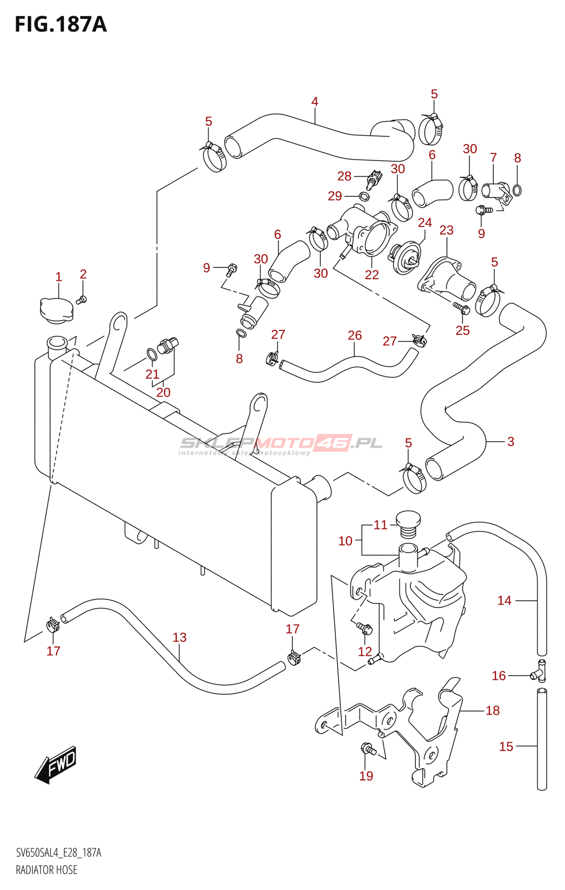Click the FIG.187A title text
(60, 24)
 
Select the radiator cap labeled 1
(56, 310)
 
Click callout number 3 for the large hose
(511, 442)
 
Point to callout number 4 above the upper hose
(315, 102)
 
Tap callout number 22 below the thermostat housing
(371, 274)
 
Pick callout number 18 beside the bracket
(493, 710)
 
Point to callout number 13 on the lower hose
(179, 637)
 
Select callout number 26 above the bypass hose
(355, 335)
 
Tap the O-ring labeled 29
(364, 196)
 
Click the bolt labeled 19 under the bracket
(368, 749)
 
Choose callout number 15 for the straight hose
(506, 746)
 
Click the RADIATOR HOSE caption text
(47, 870)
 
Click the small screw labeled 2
(81, 300)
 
